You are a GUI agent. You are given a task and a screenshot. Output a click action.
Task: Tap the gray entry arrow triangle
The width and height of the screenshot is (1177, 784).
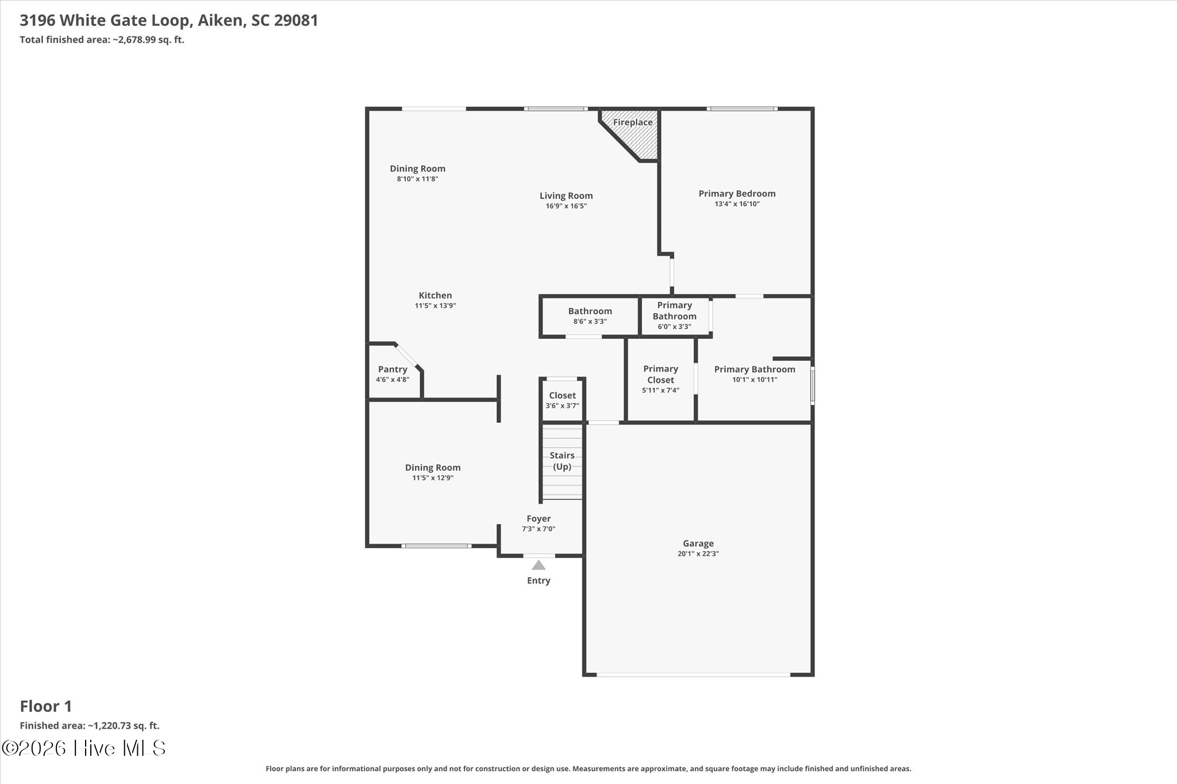[x=539, y=565]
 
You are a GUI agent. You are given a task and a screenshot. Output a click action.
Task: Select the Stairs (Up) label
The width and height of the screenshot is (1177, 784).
[x=562, y=461]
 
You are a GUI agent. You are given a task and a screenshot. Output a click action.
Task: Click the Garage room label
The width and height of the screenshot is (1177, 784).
[x=698, y=543]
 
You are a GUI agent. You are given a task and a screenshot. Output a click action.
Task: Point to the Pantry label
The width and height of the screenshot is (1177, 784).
[x=393, y=369]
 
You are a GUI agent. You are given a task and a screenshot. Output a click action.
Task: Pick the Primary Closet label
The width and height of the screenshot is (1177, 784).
[x=661, y=374]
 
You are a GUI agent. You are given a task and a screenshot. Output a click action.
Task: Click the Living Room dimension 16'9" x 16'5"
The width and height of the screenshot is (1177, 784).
[x=566, y=206]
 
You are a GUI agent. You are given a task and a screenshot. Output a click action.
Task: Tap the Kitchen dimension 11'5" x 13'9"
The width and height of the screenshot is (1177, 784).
[x=435, y=306]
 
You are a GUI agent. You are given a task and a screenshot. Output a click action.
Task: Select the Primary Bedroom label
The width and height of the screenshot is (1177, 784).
[x=737, y=194]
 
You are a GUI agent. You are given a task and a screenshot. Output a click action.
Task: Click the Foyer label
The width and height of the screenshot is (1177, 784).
[x=539, y=519]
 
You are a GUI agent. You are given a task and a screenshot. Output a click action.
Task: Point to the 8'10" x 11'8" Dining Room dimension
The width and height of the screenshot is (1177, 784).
[x=417, y=179]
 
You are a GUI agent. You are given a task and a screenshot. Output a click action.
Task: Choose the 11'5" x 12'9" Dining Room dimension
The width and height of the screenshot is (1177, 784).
[x=433, y=478]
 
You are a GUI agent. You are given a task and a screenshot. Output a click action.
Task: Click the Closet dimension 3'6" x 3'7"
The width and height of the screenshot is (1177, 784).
[x=562, y=405]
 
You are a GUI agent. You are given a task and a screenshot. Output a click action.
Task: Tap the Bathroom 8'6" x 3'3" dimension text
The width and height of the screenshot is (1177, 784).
[x=590, y=322]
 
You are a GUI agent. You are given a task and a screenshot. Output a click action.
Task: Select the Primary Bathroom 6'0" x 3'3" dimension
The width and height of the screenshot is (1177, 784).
[x=674, y=327]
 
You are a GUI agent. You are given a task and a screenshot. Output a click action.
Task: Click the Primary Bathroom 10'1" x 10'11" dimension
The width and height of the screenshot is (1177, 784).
[x=755, y=380]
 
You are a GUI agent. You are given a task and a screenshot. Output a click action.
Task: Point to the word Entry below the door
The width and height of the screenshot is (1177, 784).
[x=539, y=581]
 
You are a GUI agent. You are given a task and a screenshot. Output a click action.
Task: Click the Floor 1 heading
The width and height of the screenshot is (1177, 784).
[x=46, y=706]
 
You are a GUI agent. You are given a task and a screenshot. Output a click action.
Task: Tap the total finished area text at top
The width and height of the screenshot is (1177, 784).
[x=102, y=40]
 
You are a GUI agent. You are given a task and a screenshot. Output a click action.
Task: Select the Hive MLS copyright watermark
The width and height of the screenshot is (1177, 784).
[x=84, y=748]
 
